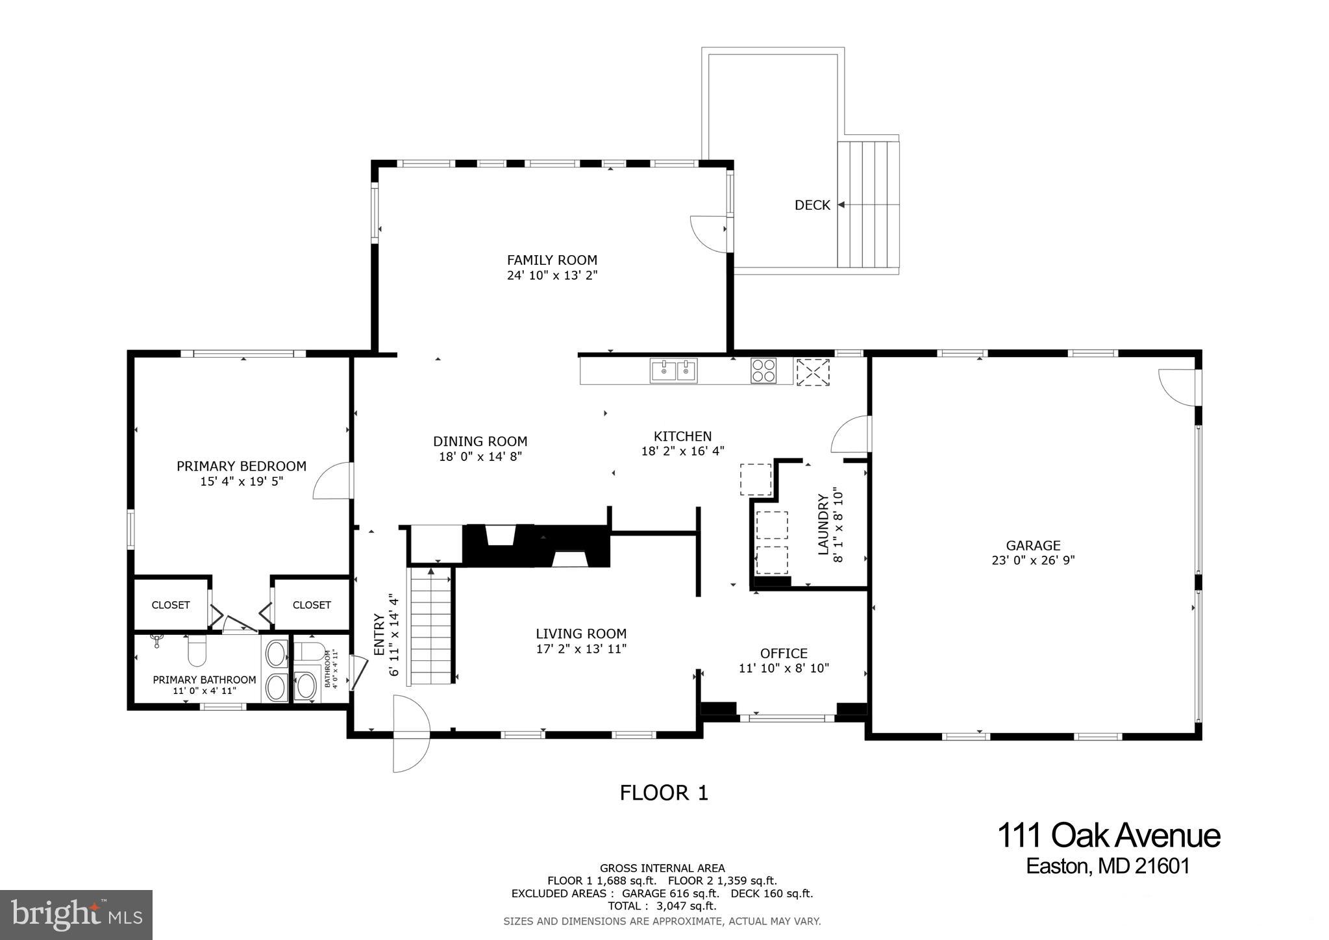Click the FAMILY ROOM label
[552, 260]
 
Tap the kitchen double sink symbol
[673, 371]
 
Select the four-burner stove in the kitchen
[763, 371]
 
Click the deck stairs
[868, 204]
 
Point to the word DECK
[812, 205]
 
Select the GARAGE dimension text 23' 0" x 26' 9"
[1033, 560]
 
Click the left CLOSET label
[171, 605]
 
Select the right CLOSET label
[312, 605]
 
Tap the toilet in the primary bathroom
[197, 651]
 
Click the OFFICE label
[784, 653]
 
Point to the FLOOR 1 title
[664, 793]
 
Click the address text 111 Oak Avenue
[1108, 835]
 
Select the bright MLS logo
[77, 915]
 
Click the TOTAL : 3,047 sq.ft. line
[662, 906]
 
